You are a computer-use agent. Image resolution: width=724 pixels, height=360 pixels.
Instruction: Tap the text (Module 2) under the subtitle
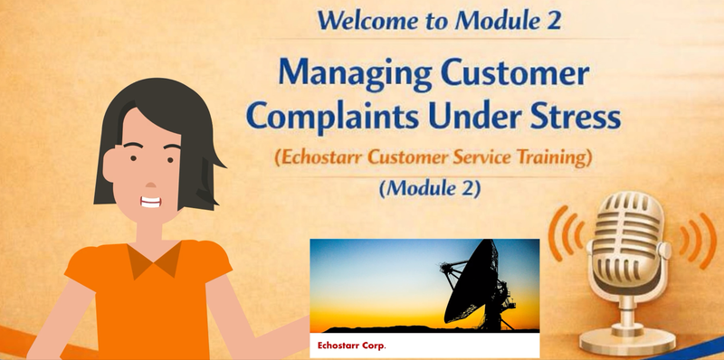click(430, 188)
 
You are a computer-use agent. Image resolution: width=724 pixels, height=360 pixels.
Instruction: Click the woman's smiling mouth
click(150, 202)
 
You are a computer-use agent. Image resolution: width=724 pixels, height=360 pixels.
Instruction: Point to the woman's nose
click(151, 185)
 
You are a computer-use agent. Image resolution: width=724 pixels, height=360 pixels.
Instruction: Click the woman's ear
click(110, 165)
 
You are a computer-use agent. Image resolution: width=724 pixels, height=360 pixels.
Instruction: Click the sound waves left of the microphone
click(565, 233)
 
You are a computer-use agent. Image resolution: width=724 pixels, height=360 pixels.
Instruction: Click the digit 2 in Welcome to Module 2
click(554, 20)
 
